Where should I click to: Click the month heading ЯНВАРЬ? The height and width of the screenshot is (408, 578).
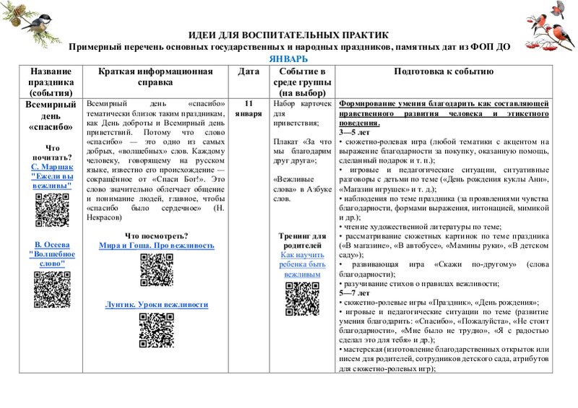288,58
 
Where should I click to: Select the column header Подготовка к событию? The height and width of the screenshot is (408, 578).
444,71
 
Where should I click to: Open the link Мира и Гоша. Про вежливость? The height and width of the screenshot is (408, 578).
156,246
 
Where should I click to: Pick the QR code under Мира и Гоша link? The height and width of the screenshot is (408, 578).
156,270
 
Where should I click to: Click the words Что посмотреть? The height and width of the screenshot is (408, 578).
156,235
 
